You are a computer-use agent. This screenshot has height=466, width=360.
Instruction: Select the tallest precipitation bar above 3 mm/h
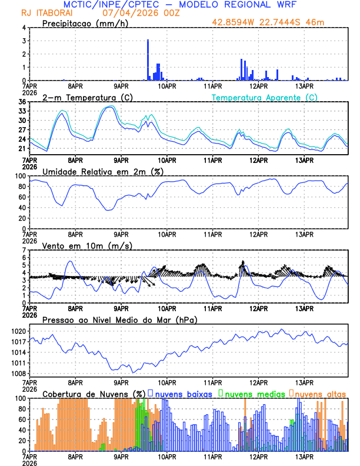pos(148,59)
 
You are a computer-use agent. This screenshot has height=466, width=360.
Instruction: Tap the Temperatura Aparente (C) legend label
pos(265,97)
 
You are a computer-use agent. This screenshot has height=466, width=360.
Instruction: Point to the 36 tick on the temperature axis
pos(22,102)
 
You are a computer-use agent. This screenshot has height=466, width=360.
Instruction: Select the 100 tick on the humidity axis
pos(20,176)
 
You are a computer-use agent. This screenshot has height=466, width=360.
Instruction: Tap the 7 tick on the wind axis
pos(24,250)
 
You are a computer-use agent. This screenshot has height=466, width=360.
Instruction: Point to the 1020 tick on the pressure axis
pos(18,331)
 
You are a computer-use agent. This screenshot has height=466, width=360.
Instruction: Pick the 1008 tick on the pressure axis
pos(18,374)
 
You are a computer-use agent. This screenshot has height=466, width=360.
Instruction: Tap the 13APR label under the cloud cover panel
pos(304,456)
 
